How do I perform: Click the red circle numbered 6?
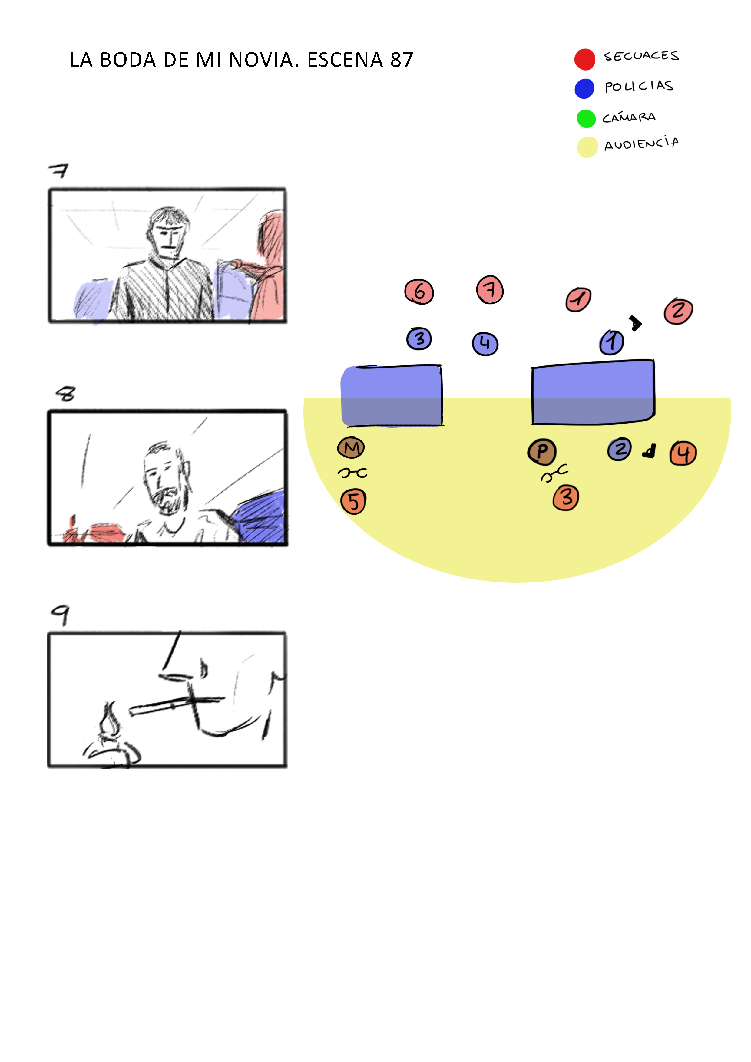pyautogui.click(x=419, y=292)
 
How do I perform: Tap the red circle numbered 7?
pyautogui.click(x=490, y=289)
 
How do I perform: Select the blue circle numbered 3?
pyautogui.click(x=419, y=338)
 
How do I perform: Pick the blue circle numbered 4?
pyautogui.click(x=485, y=344)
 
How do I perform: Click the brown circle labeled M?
pyautogui.click(x=351, y=447)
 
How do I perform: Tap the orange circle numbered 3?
pyautogui.click(x=566, y=498)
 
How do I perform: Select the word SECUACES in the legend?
pyautogui.click(x=641, y=56)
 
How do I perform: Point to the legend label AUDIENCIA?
pyautogui.click(x=641, y=143)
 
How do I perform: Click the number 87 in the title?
pyautogui.click(x=402, y=60)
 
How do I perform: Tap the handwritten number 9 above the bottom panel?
pyautogui.click(x=60, y=615)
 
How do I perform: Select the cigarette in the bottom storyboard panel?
pyautogui.click(x=176, y=705)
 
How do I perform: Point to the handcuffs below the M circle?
pyautogui.click(x=352, y=473)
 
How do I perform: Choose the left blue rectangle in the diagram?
pyautogui.click(x=392, y=395)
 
